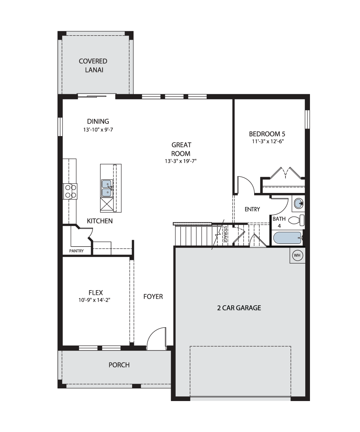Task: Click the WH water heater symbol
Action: coord(297,255)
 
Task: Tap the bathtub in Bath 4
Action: coord(288,238)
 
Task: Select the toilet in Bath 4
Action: coord(296,220)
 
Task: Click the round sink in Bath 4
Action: coord(298,203)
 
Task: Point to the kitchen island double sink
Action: coord(107,188)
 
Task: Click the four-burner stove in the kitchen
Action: coord(70,191)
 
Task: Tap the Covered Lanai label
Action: coord(93,66)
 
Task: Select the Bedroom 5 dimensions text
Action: coord(268,141)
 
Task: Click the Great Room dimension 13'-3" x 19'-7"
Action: coord(180,161)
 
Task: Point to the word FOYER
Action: coord(153,297)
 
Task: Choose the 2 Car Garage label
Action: coord(239,308)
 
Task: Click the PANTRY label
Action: coord(76,251)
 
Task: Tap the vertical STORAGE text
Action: coord(225,234)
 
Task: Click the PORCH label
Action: coord(119,365)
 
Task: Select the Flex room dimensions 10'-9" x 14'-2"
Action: coord(94,300)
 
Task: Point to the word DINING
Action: coord(98,121)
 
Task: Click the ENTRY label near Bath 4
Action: coord(252,209)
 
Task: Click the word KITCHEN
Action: coord(100,221)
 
